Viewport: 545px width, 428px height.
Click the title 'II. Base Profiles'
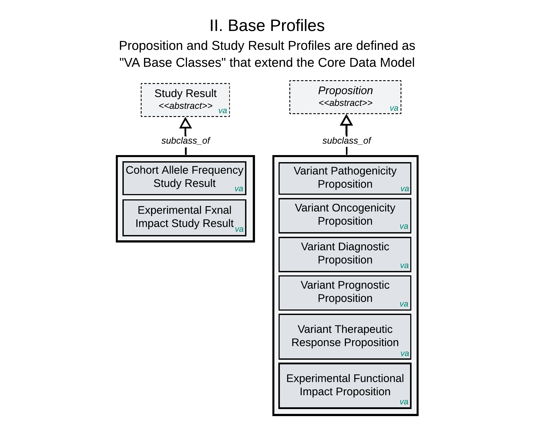[x=267, y=26]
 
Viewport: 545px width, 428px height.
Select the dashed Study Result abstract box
[x=185, y=100]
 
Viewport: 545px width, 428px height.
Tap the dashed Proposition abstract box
[x=345, y=97]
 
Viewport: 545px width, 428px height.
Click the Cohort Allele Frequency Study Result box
[x=184, y=178]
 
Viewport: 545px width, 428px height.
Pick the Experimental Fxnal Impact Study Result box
[x=184, y=217]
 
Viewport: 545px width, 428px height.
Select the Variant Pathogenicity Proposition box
[x=345, y=178]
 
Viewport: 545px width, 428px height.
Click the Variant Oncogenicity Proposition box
[x=345, y=215]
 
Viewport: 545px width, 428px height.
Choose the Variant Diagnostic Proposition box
[x=345, y=254]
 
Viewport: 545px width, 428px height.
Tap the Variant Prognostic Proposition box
[x=345, y=293]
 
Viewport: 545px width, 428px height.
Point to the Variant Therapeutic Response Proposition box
[x=345, y=336]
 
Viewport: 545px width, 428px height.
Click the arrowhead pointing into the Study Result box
[x=186, y=123]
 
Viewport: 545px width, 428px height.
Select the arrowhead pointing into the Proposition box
[x=346, y=120]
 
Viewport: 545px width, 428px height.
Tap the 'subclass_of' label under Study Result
[x=186, y=141]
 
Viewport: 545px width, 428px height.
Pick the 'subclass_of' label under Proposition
[x=347, y=141]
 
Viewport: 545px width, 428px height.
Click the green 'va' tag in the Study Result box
[x=223, y=111]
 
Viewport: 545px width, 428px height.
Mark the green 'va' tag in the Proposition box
[x=394, y=108]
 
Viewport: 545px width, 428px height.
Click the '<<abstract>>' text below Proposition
[x=345, y=103]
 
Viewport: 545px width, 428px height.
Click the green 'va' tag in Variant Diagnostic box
[x=404, y=265]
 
